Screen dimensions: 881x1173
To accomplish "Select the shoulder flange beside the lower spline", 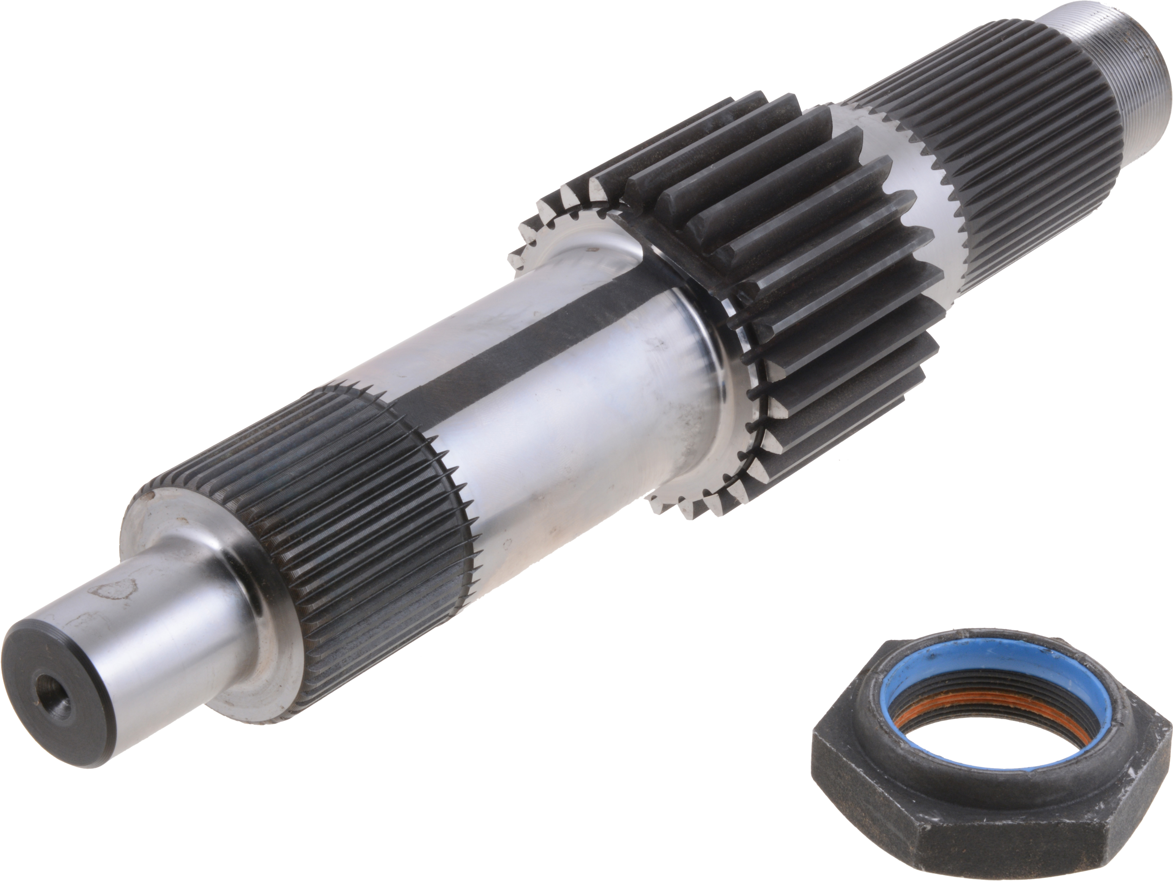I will [159, 509].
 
